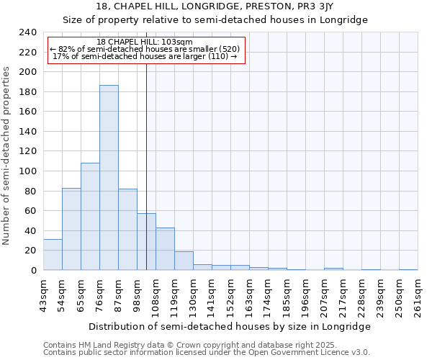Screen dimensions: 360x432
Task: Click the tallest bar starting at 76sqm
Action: (109, 178)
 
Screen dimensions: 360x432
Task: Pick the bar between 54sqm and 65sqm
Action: (71, 229)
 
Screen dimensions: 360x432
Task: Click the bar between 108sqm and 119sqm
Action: (165, 248)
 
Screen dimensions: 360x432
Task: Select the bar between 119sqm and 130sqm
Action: (184, 261)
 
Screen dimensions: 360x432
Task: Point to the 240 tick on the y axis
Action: (27, 32)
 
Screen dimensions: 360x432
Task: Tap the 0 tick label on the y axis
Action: (33, 270)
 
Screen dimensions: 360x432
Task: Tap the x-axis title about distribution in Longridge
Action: (230, 326)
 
